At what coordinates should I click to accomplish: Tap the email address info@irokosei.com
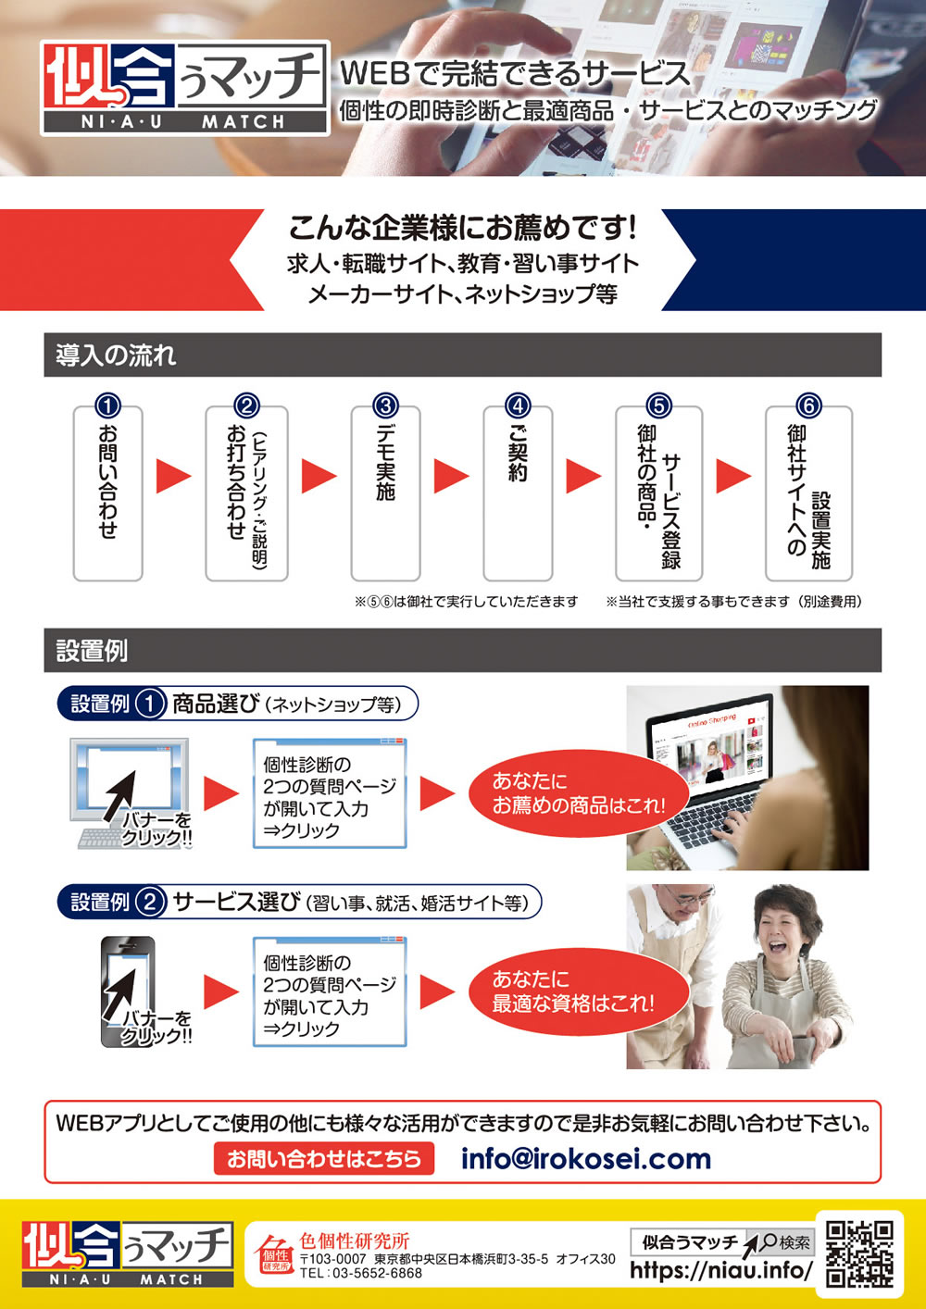pos(586,1158)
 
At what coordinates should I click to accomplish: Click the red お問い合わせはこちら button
pos(324,1158)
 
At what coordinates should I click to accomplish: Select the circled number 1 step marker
pos(107,405)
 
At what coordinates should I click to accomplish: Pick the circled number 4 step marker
pos(518,405)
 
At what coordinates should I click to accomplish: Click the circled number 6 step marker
pos(809,405)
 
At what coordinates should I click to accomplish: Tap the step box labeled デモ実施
pos(386,493)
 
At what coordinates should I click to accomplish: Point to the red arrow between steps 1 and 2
pos(174,476)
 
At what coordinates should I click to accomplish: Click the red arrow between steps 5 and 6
pos(733,476)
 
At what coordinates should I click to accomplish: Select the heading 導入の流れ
pos(116,355)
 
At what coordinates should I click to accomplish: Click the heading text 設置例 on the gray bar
pos(92,651)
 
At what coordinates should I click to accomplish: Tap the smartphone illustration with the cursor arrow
pos(129,991)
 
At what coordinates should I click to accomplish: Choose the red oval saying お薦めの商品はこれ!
pos(579,793)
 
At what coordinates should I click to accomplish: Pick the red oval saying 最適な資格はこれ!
pos(579,991)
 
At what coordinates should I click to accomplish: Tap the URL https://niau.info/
pos(721,1269)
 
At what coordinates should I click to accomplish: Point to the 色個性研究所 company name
pos(355,1240)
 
